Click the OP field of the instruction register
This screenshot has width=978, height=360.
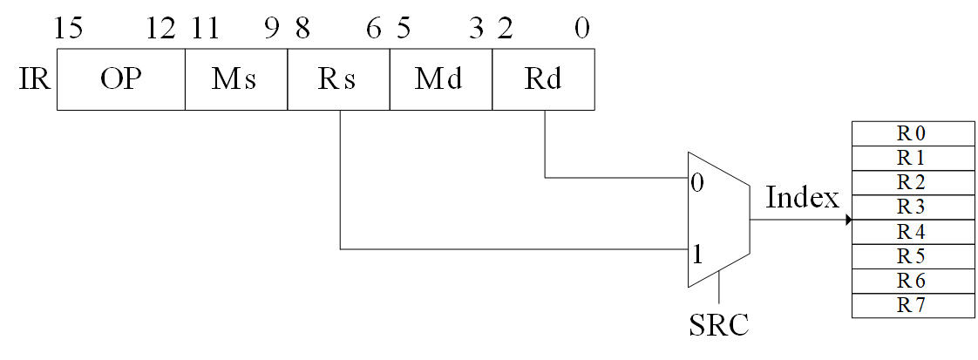click(120, 79)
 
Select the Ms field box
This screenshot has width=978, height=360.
click(235, 79)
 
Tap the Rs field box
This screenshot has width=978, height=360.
click(338, 79)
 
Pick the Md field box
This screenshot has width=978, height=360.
click(440, 79)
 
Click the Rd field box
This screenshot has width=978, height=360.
click(543, 79)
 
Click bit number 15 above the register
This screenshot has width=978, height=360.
click(68, 29)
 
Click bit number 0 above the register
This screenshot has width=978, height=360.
click(582, 29)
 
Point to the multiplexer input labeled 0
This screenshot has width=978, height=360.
click(697, 184)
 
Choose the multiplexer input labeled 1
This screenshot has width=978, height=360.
click(697, 256)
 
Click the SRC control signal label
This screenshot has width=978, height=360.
click(718, 325)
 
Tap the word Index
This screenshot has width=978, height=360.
click(802, 198)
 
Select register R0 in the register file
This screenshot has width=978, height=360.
click(911, 133)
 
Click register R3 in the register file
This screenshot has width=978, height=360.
click(911, 207)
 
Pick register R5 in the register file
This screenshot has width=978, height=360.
click(911, 257)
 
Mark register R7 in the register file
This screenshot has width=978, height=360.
click(911, 306)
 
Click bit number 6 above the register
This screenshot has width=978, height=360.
click(374, 29)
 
